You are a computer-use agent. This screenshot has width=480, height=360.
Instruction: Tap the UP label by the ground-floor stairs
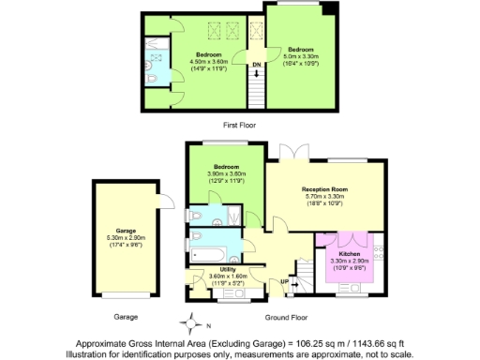point(284,280)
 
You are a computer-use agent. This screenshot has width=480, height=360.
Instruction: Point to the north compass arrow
point(193,327)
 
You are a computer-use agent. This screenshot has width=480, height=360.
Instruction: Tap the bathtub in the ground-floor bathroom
point(211,253)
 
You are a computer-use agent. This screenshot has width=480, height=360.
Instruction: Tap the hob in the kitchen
point(379,252)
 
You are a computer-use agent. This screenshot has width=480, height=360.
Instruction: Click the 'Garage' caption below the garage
point(126,317)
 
